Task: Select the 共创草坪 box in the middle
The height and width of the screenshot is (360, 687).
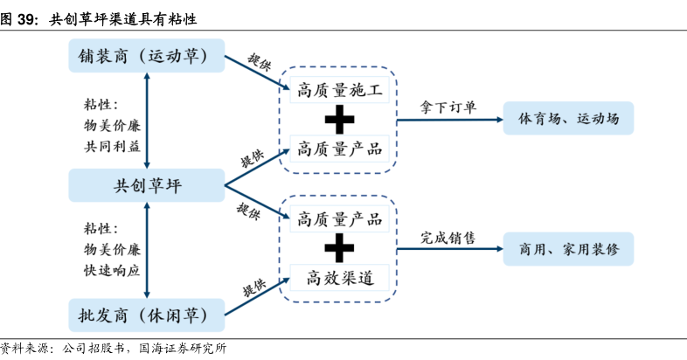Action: pyautogui.click(x=146, y=185)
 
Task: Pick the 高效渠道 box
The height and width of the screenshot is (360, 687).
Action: pyautogui.click(x=340, y=279)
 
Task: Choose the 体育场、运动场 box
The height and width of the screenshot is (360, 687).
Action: pyautogui.click(x=568, y=118)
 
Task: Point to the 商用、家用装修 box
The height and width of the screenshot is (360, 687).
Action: pyautogui.click(x=568, y=249)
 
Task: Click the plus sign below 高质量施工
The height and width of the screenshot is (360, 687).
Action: pyautogui.click(x=340, y=119)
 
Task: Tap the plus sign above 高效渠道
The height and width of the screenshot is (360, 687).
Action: pyautogui.click(x=340, y=249)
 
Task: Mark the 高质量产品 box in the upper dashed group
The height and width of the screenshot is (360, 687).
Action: pyautogui.click(x=340, y=149)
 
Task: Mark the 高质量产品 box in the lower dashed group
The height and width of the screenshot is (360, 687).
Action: pyautogui.click(x=340, y=218)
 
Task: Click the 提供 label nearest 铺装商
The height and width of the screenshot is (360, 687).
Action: pyautogui.click(x=260, y=61)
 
